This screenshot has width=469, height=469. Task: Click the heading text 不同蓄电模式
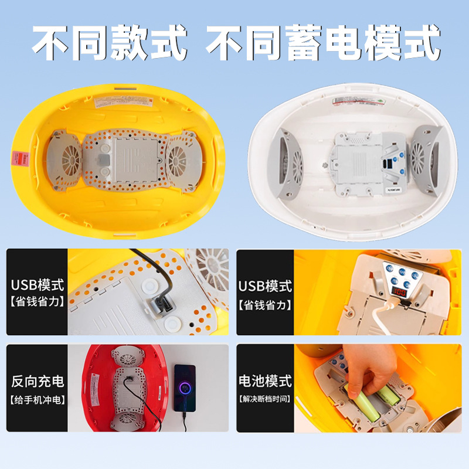point(323,42)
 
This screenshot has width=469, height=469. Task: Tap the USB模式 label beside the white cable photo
point(265,286)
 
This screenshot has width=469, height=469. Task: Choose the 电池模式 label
point(265,382)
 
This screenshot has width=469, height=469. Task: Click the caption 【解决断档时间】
point(265,400)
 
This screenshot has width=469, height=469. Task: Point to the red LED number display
point(401,292)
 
